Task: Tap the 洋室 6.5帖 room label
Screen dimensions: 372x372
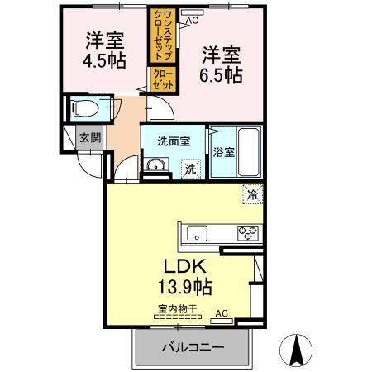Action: point(221,63)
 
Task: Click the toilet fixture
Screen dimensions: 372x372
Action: point(86,108)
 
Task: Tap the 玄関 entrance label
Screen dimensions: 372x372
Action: point(88,139)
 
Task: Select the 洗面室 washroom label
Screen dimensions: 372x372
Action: point(174,140)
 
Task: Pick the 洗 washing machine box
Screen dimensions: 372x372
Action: point(190,169)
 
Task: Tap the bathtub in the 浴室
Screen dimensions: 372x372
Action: point(247,150)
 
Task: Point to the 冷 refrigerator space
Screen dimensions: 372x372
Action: point(250,195)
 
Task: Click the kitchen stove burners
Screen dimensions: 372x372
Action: point(248,231)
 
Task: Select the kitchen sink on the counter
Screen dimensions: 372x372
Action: point(198,231)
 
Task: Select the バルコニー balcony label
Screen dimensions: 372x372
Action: point(191,348)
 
